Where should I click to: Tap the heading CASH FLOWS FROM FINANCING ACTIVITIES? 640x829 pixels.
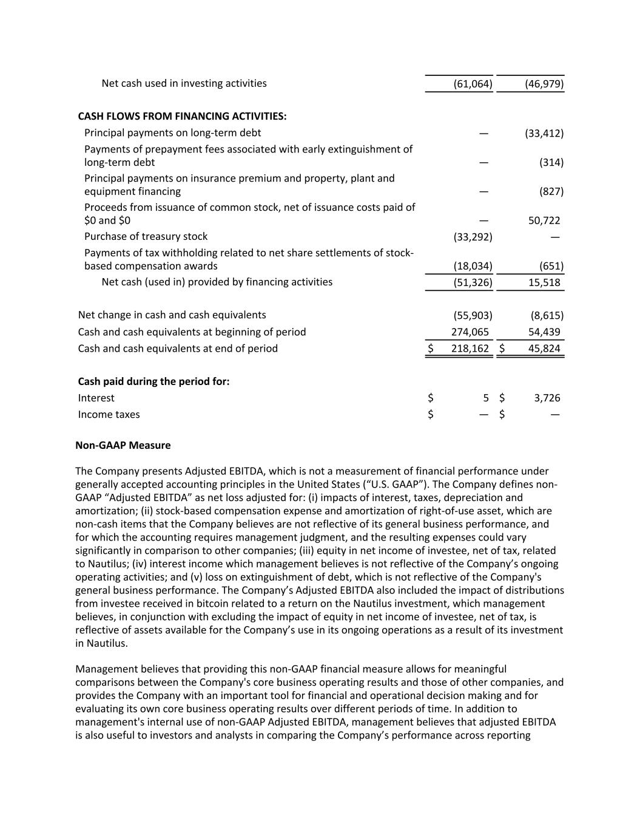tap(182, 116)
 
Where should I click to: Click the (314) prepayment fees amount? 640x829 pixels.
tap(551, 162)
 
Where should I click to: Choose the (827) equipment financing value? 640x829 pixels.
tap(551, 191)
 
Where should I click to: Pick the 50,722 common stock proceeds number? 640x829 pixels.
tap(544, 220)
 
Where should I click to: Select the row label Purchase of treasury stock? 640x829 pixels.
tap(146, 236)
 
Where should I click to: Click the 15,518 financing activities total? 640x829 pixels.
tap(544, 282)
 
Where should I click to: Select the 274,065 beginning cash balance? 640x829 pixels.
tap(470, 332)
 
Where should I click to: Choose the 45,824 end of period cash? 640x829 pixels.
tap(544, 349)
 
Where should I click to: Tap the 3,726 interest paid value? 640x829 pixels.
tap(547, 398)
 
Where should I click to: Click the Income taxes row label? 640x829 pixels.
tap(109, 414)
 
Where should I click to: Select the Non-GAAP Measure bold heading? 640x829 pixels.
tap(123, 445)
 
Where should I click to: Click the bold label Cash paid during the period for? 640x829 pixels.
tap(153, 381)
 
